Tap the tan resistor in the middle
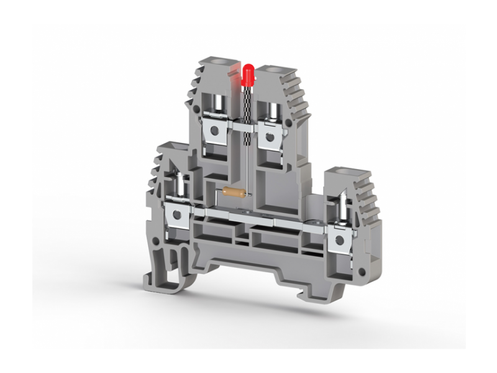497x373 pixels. (232, 193)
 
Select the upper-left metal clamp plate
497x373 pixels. (217, 132)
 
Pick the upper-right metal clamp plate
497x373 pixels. (270, 135)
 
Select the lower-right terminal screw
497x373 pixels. (342, 206)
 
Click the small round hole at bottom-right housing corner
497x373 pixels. (360, 272)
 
